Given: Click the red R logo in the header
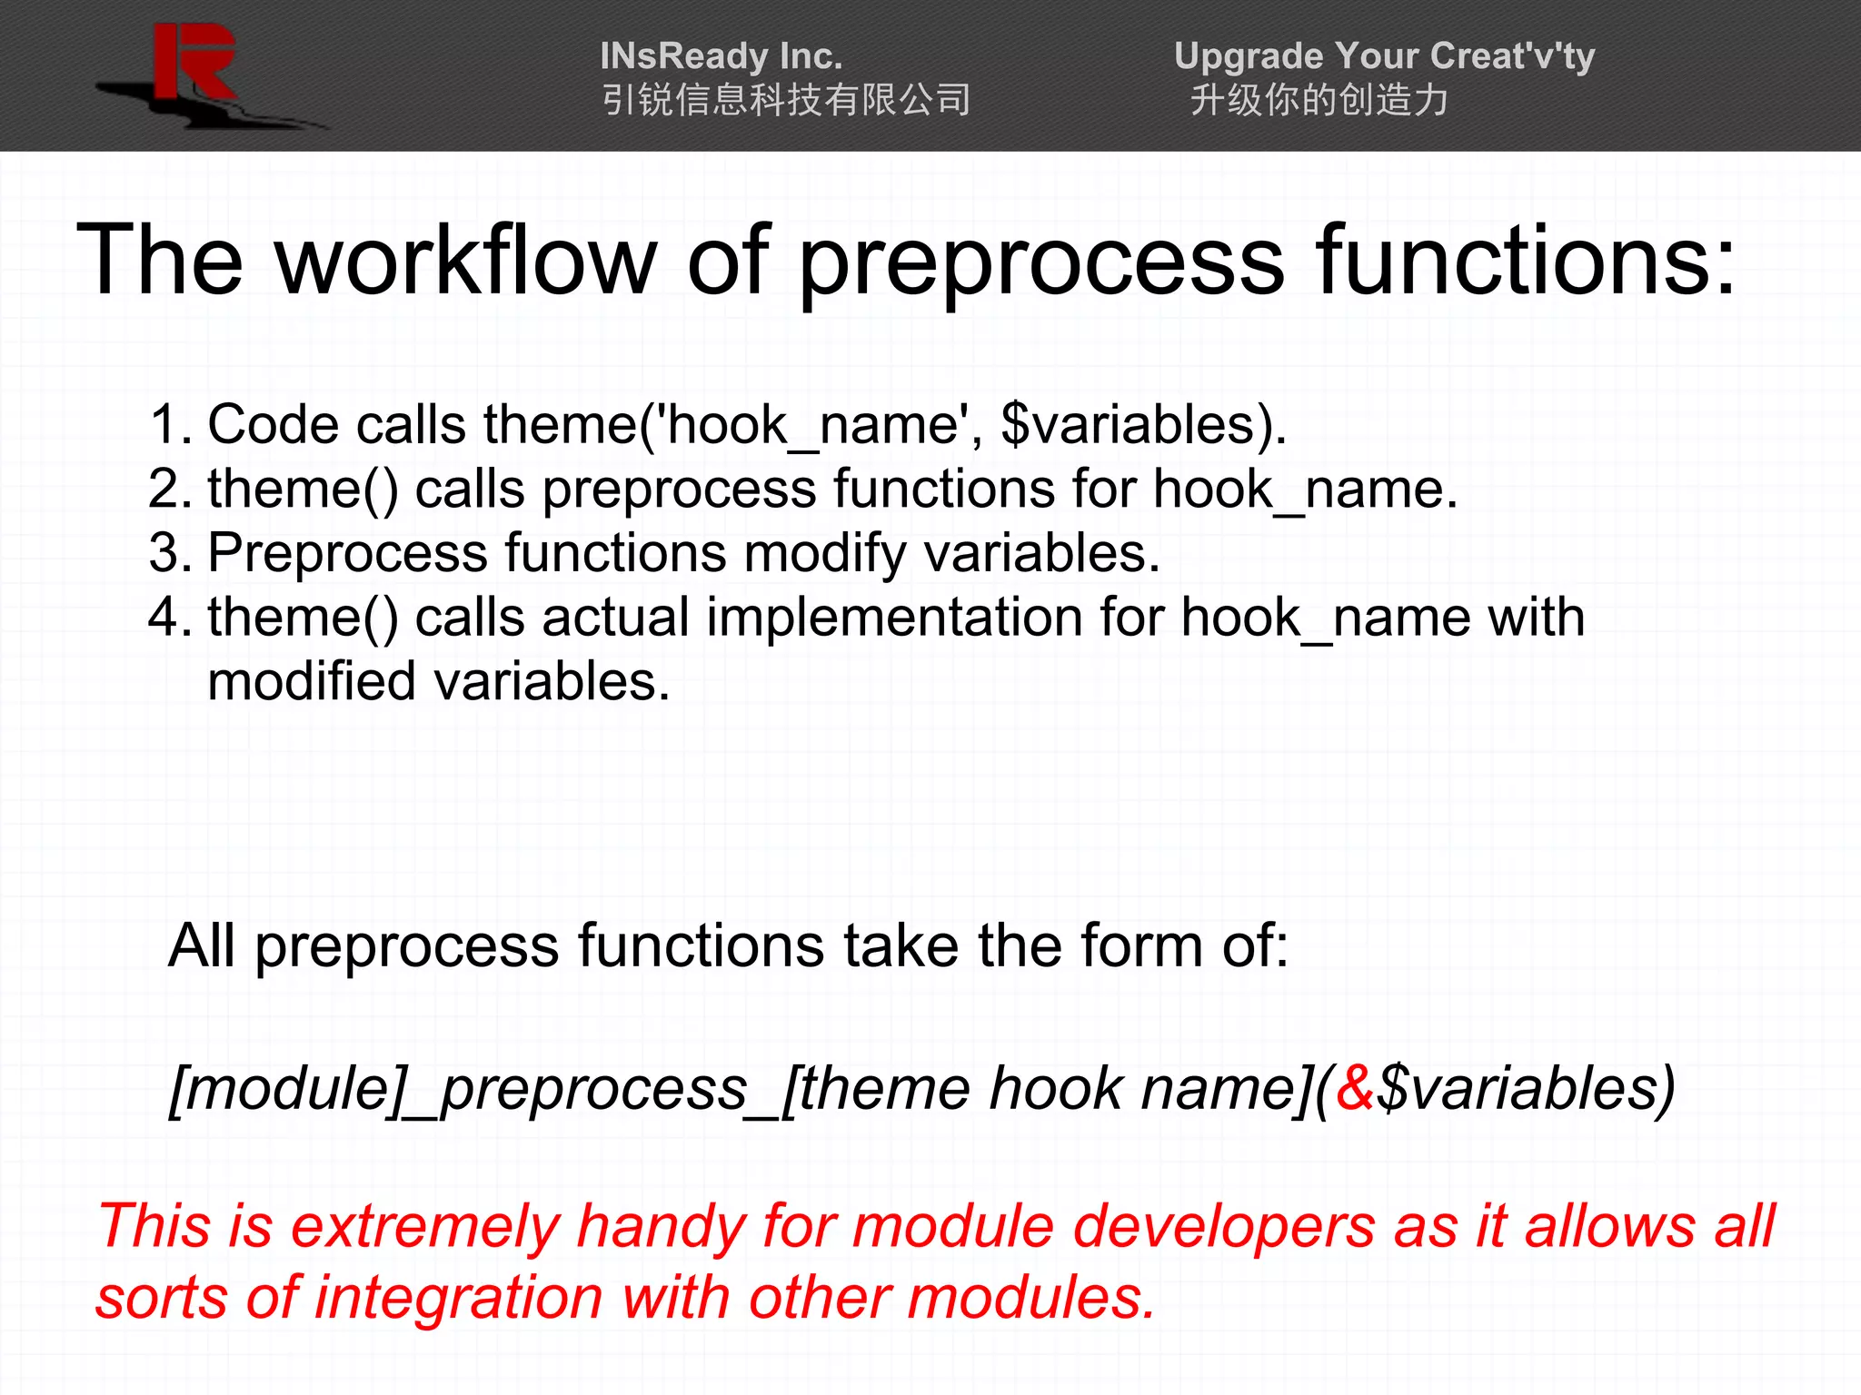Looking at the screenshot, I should tap(194, 64).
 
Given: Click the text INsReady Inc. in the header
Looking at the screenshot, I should tap(721, 56).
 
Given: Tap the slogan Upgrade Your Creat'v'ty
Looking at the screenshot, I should tap(1383, 56).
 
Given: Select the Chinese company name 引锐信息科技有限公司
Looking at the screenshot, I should tap(786, 100).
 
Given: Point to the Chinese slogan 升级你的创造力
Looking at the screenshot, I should tap(1319, 100).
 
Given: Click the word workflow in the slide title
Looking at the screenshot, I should tap(465, 262).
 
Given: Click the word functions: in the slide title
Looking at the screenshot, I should tap(1526, 262).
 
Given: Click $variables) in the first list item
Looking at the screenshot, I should tap(1142, 425).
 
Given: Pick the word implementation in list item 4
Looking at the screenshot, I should tap(894, 618).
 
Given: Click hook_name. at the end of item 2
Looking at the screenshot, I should tap(1304, 490).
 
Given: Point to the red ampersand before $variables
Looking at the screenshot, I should tap(1355, 1089).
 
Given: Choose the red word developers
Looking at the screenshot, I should tap(1224, 1226).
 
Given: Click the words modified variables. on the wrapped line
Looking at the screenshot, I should tap(438, 682).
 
